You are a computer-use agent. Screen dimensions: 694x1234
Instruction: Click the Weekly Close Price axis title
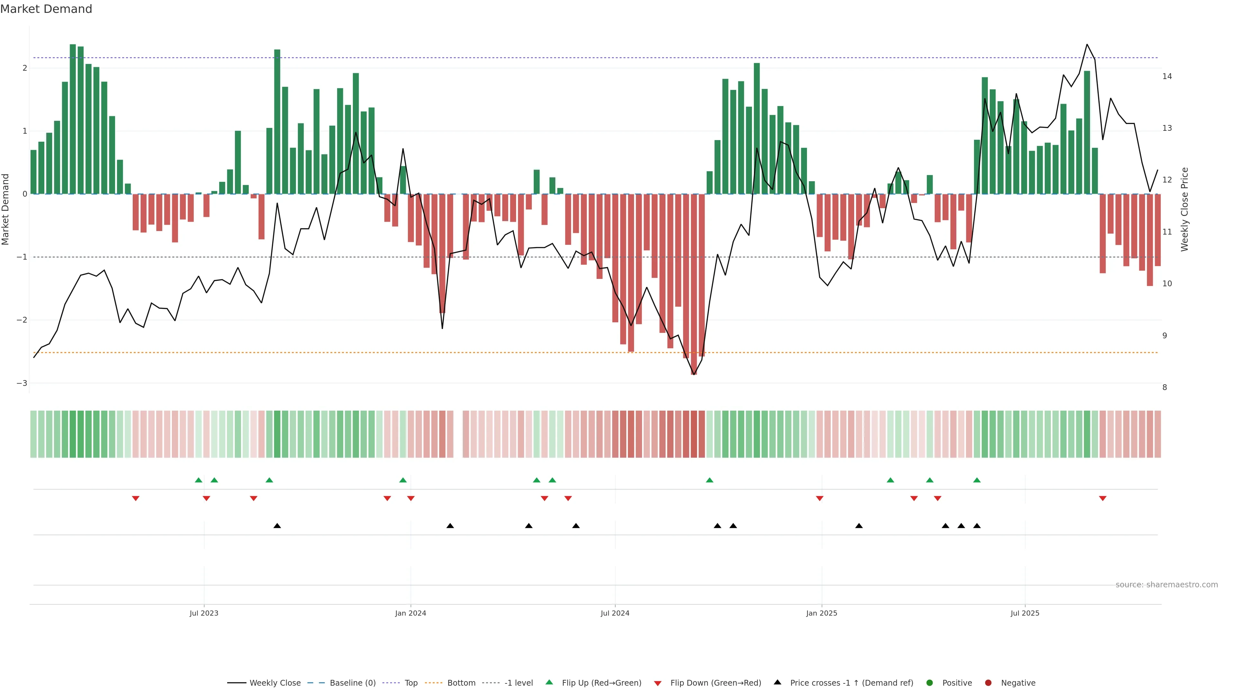click(1185, 209)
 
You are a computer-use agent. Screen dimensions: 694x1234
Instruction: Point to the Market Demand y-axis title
click(6, 209)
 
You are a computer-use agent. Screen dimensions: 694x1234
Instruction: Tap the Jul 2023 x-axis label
click(204, 613)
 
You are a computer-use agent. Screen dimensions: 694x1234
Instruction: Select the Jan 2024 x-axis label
click(411, 613)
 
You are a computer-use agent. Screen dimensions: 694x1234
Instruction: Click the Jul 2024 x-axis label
click(615, 613)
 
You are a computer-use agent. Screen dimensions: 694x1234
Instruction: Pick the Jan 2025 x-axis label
click(822, 613)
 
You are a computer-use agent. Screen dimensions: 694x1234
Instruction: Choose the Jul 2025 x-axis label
click(1025, 613)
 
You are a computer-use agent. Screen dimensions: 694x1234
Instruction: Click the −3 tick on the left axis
click(22, 383)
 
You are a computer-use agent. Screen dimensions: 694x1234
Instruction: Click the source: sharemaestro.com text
click(1167, 585)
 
